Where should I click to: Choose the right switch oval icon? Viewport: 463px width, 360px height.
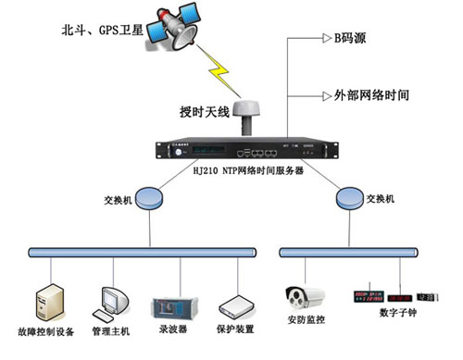pyautogui.click(x=348, y=197)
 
